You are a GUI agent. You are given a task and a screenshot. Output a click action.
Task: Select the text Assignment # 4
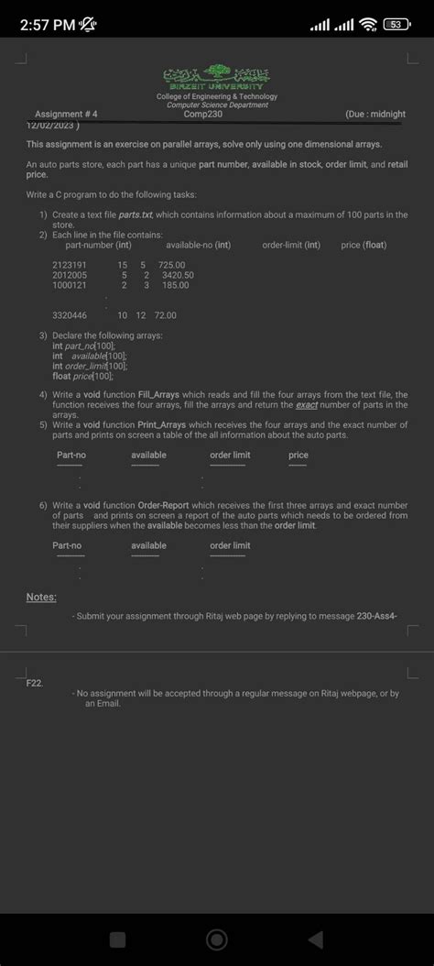point(66,115)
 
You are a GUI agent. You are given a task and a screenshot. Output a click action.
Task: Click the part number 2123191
point(70,264)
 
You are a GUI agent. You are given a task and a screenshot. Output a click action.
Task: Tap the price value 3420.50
point(178,275)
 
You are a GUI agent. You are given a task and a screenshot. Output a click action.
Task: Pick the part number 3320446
point(70,315)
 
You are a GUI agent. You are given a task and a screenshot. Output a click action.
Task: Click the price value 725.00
point(172,264)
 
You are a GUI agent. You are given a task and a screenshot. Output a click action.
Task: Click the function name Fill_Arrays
point(158,393)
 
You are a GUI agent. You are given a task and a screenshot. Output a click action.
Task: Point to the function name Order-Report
point(164,505)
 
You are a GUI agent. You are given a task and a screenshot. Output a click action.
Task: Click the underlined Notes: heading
point(41,597)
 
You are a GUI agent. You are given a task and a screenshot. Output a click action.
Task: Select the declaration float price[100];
point(83,376)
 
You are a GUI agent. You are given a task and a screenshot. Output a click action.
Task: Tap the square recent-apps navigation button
point(117,939)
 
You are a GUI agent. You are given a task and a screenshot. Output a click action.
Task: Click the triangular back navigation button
point(315,939)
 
